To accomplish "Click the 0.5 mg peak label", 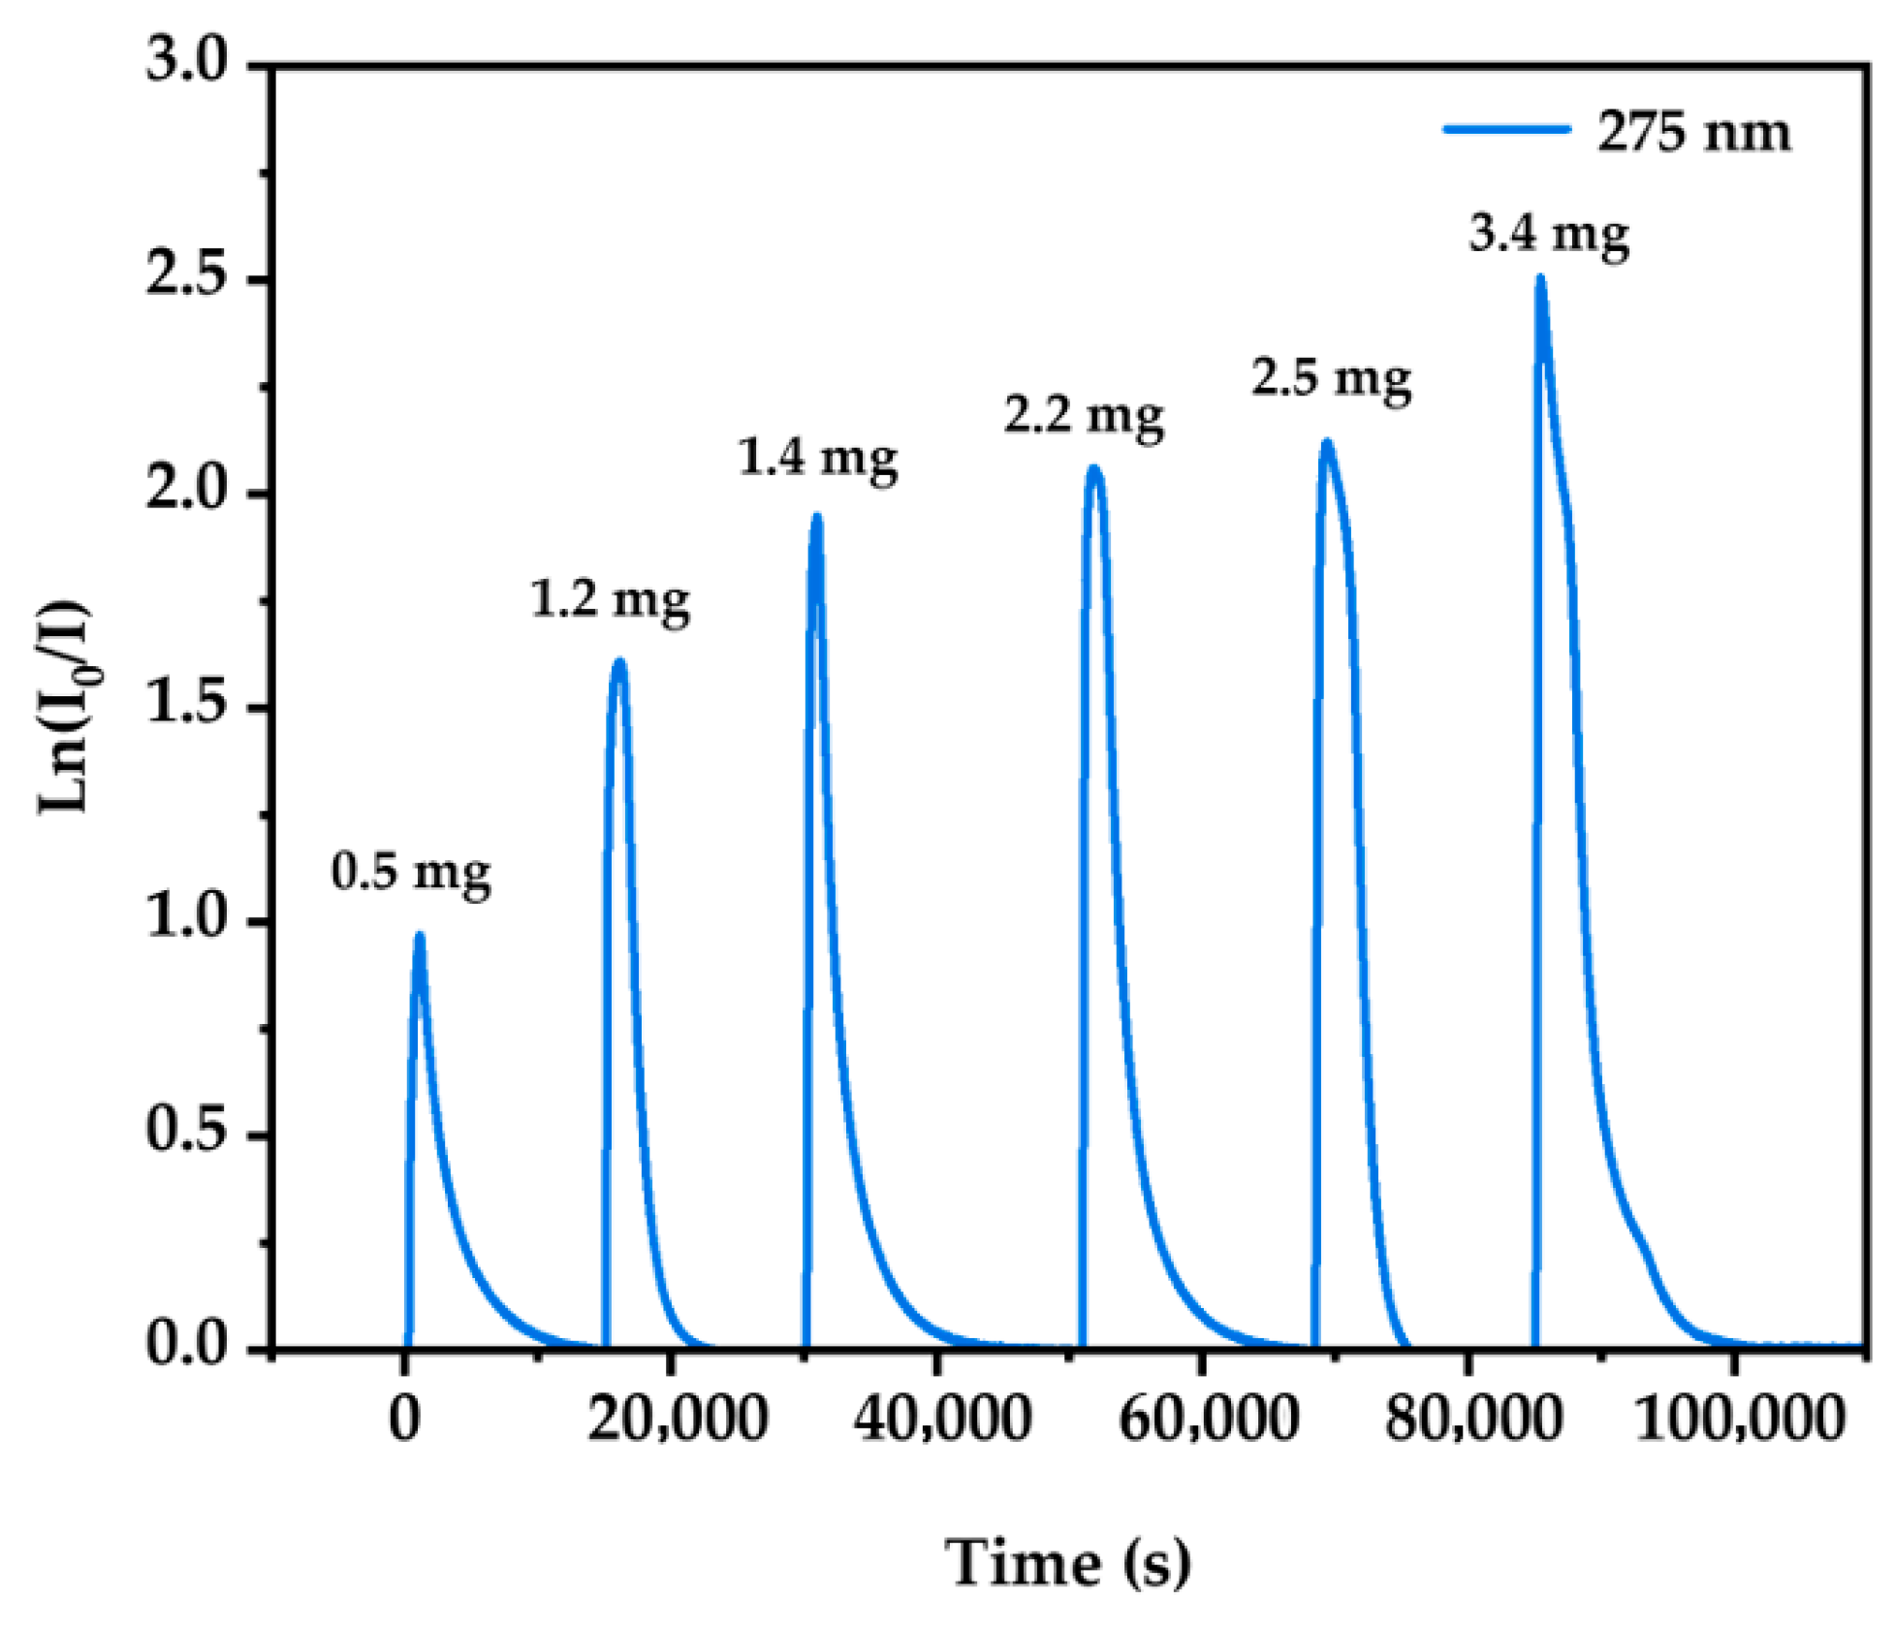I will coord(410,872).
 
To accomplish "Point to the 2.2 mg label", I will coord(1083,416).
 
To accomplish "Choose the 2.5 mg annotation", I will coord(1330,377).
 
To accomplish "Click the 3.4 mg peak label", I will coord(1548,234).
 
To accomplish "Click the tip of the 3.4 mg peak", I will coord(1539,279).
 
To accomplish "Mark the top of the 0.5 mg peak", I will coord(419,936).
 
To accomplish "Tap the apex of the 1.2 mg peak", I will coord(619,662).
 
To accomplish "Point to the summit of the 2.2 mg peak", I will coord(1094,469).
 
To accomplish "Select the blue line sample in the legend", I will coord(1506,129).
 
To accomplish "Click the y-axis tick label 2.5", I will coord(185,275).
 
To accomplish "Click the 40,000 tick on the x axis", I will coord(941,1418).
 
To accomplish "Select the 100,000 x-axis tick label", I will coord(1738,1418).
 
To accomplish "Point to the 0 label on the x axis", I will coord(404,1418).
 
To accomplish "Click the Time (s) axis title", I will coord(1067,1563).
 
